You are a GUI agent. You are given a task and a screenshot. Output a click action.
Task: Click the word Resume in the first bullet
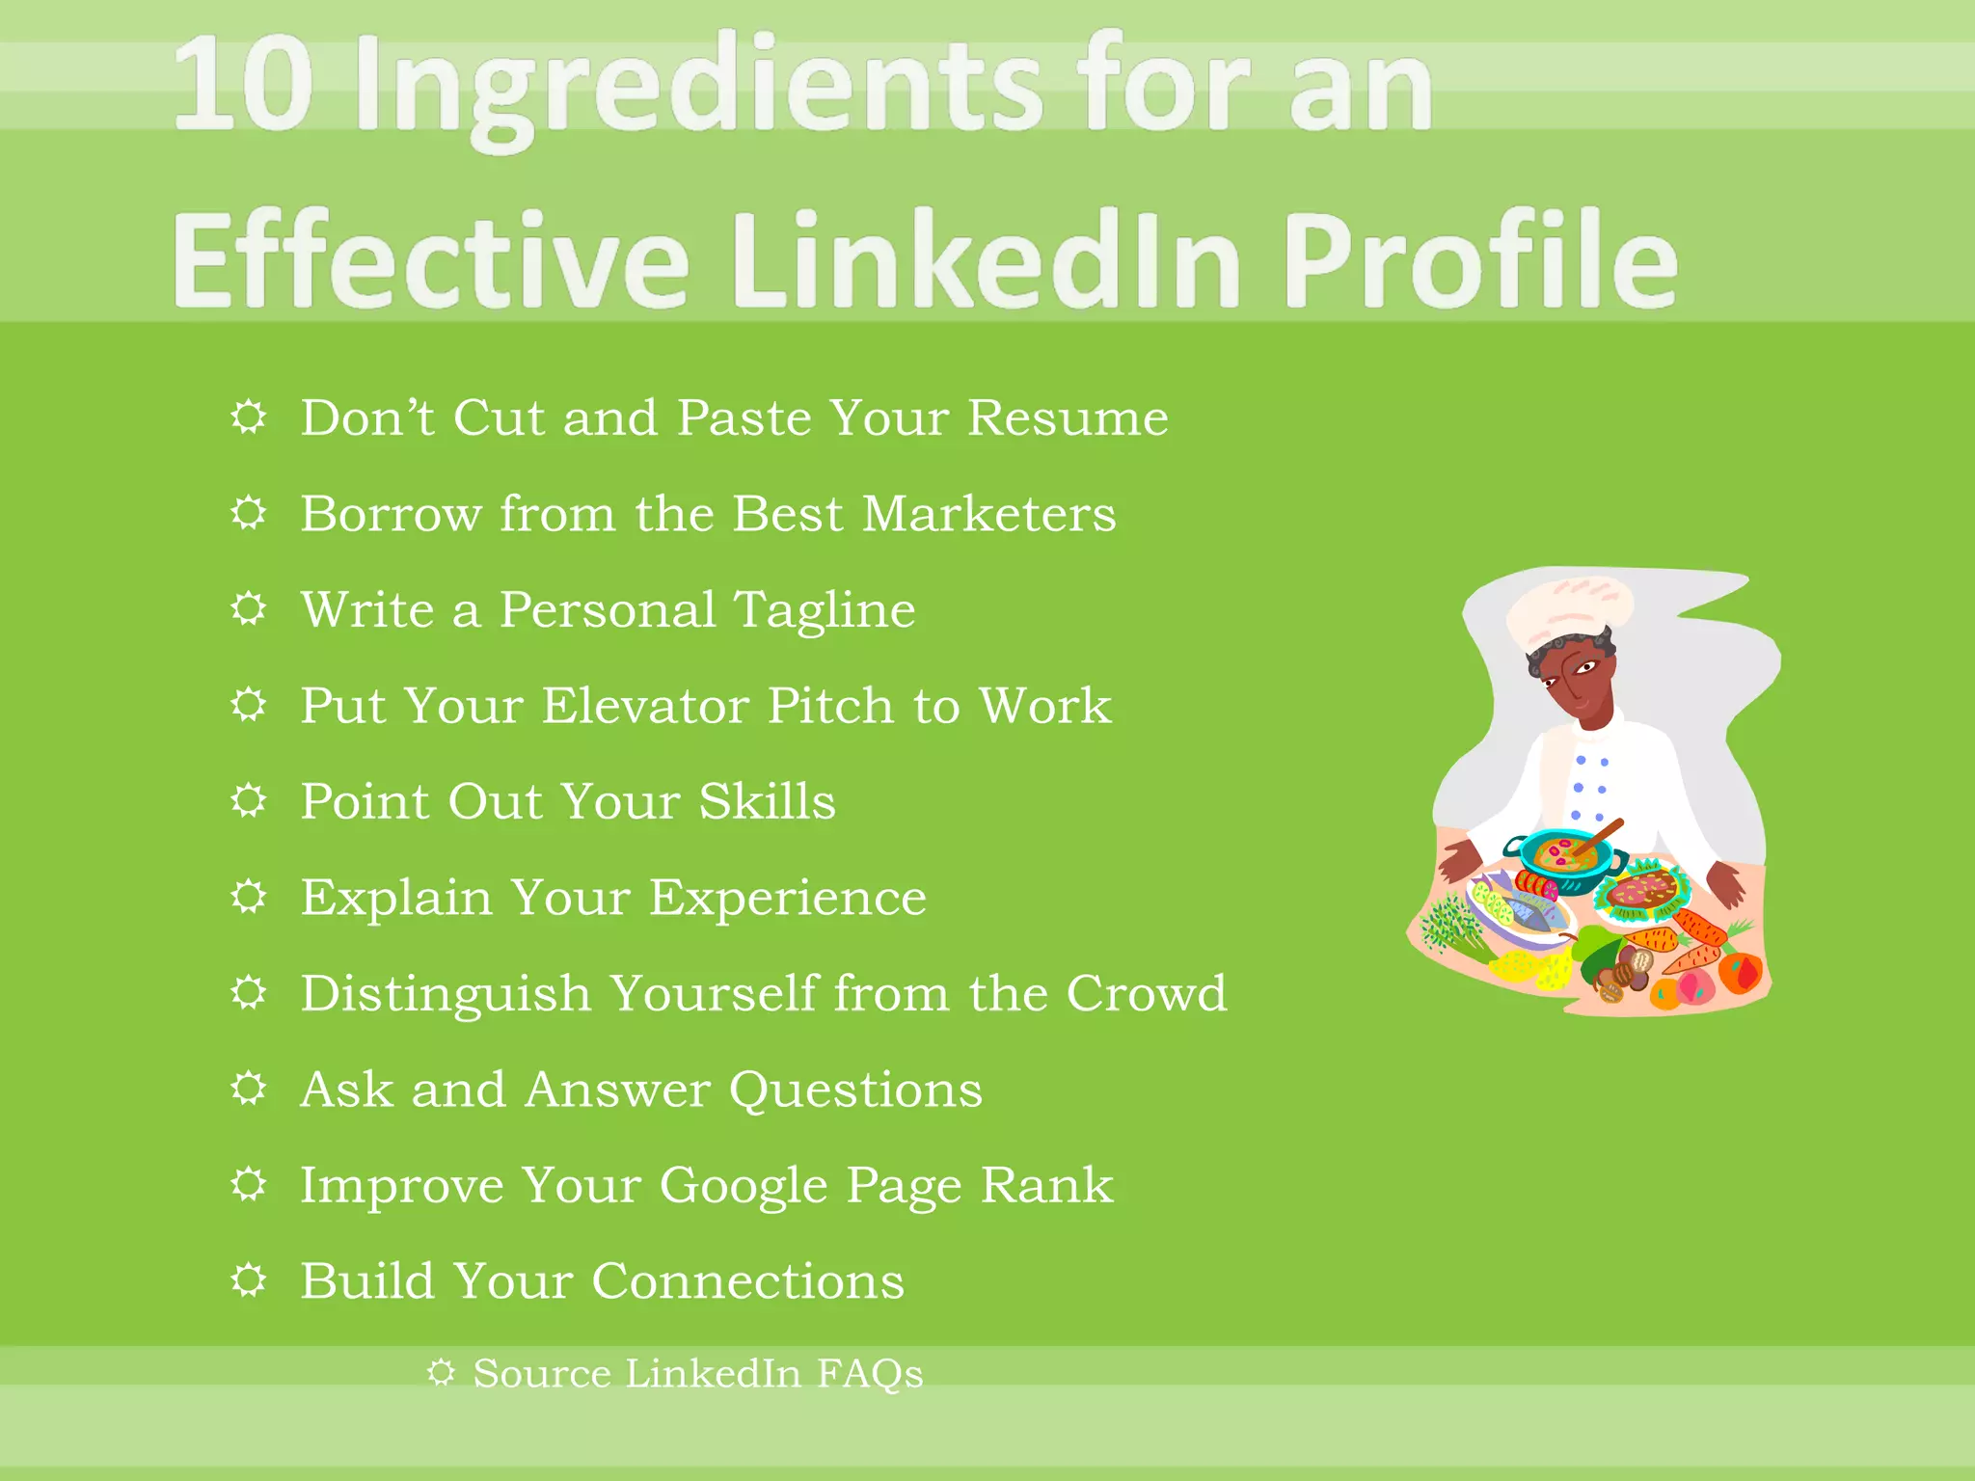click(x=1068, y=418)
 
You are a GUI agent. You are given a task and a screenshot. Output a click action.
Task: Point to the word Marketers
click(x=989, y=514)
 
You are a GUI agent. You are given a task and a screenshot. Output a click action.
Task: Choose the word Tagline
click(x=825, y=610)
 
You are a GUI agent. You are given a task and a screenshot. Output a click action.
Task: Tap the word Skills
click(x=767, y=802)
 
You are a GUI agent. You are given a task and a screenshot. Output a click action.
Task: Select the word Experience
click(x=787, y=898)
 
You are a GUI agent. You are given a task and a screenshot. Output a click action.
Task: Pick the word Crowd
click(x=1147, y=993)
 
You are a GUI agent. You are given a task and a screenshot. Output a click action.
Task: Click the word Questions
click(x=855, y=1090)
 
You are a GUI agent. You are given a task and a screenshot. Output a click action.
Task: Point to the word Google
click(x=744, y=1186)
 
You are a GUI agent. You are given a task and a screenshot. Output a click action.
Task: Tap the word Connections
click(x=747, y=1281)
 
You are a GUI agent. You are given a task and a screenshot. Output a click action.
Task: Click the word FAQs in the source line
click(x=870, y=1374)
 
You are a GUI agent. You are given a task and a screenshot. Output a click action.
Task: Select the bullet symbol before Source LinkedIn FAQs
click(x=441, y=1373)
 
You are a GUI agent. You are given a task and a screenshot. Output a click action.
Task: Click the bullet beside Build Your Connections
click(x=249, y=1280)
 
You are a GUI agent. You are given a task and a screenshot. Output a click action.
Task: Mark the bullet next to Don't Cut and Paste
click(x=249, y=417)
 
